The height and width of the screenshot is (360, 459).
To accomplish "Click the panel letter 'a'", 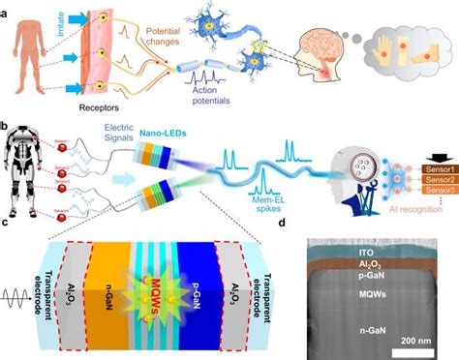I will point(6,7).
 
